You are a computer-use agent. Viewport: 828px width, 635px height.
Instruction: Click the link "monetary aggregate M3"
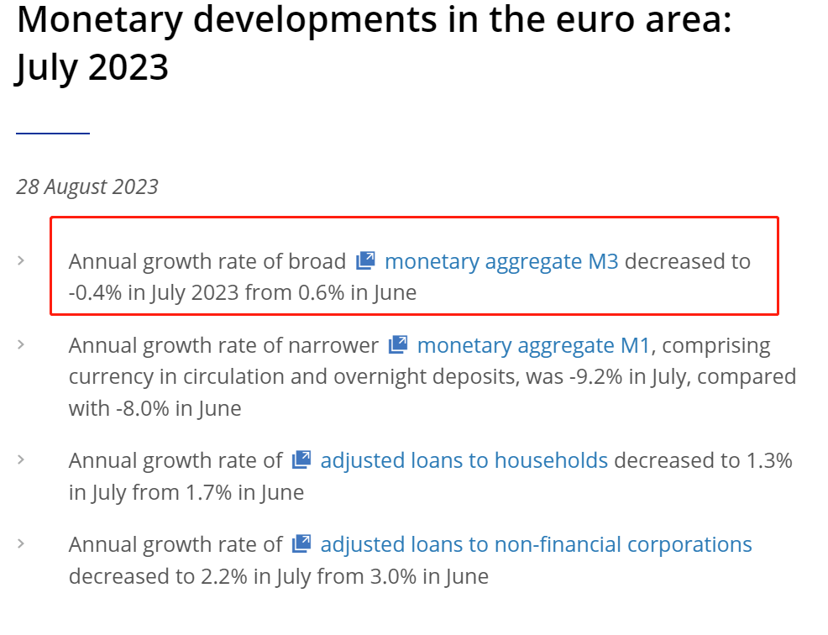pos(500,261)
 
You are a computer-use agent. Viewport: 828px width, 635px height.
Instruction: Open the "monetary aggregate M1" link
pos(533,345)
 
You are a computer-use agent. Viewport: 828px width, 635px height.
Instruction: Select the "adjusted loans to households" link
pos(464,460)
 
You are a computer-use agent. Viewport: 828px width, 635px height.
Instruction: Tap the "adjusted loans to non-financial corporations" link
pos(536,544)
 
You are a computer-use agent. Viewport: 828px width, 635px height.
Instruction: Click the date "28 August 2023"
pos(87,186)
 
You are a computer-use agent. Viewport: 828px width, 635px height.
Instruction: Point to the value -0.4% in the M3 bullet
pos(93,293)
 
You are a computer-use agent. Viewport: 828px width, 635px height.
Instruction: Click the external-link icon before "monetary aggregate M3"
pos(365,260)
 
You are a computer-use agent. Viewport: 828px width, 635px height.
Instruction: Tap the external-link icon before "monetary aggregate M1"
pos(398,344)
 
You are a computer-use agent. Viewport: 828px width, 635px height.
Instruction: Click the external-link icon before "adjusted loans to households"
pos(301,459)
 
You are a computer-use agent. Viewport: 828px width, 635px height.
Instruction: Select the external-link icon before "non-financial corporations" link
pos(301,543)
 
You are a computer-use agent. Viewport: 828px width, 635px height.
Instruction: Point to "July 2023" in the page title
pos(92,67)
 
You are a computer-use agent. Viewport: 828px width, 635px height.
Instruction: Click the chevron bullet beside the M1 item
pos(21,344)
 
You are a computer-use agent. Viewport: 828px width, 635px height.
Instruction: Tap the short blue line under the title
pos(52,133)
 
